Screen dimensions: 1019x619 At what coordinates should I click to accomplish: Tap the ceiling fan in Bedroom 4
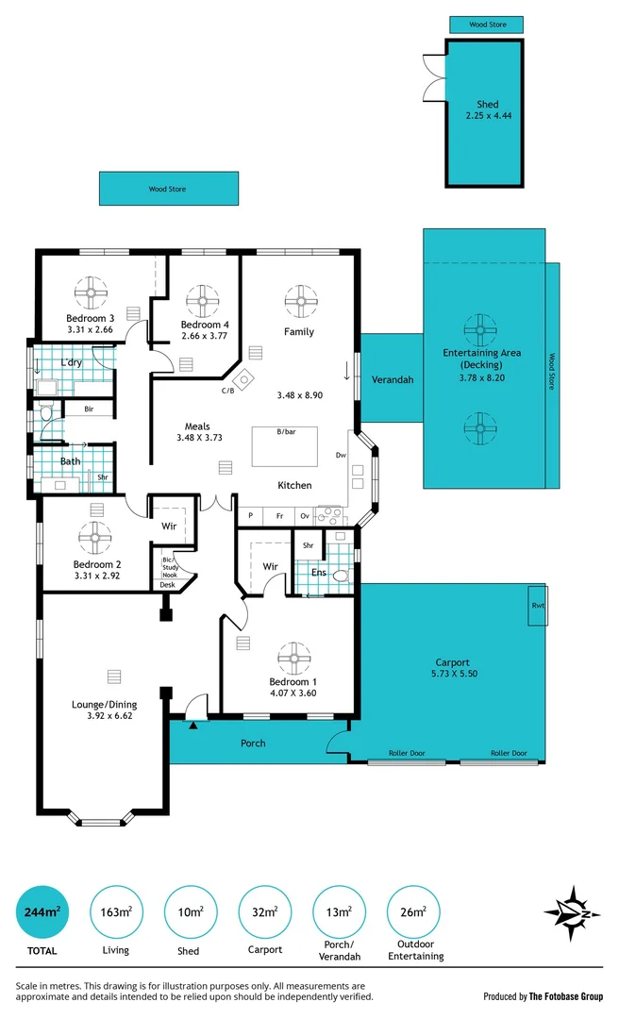tap(204, 301)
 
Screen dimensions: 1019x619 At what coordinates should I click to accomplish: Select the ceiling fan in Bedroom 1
tap(293, 658)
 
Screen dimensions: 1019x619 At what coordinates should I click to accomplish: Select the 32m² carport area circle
tap(264, 912)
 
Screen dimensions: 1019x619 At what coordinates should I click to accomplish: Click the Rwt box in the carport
tap(537, 606)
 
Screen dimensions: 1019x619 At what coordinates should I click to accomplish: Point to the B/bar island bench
tap(284, 445)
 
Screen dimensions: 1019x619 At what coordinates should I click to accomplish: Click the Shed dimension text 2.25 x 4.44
tap(488, 116)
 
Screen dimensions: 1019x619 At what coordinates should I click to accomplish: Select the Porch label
tap(253, 743)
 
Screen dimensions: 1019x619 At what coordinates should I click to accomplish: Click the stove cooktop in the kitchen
tap(330, 515)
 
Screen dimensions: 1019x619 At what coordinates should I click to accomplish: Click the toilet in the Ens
tap(342, 574)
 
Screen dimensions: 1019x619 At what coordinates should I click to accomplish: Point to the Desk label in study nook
tap(167, 585)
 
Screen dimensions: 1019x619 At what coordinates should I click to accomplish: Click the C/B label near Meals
tap(227, 391)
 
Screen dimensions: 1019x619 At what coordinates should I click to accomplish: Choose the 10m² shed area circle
tap(190, 912)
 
